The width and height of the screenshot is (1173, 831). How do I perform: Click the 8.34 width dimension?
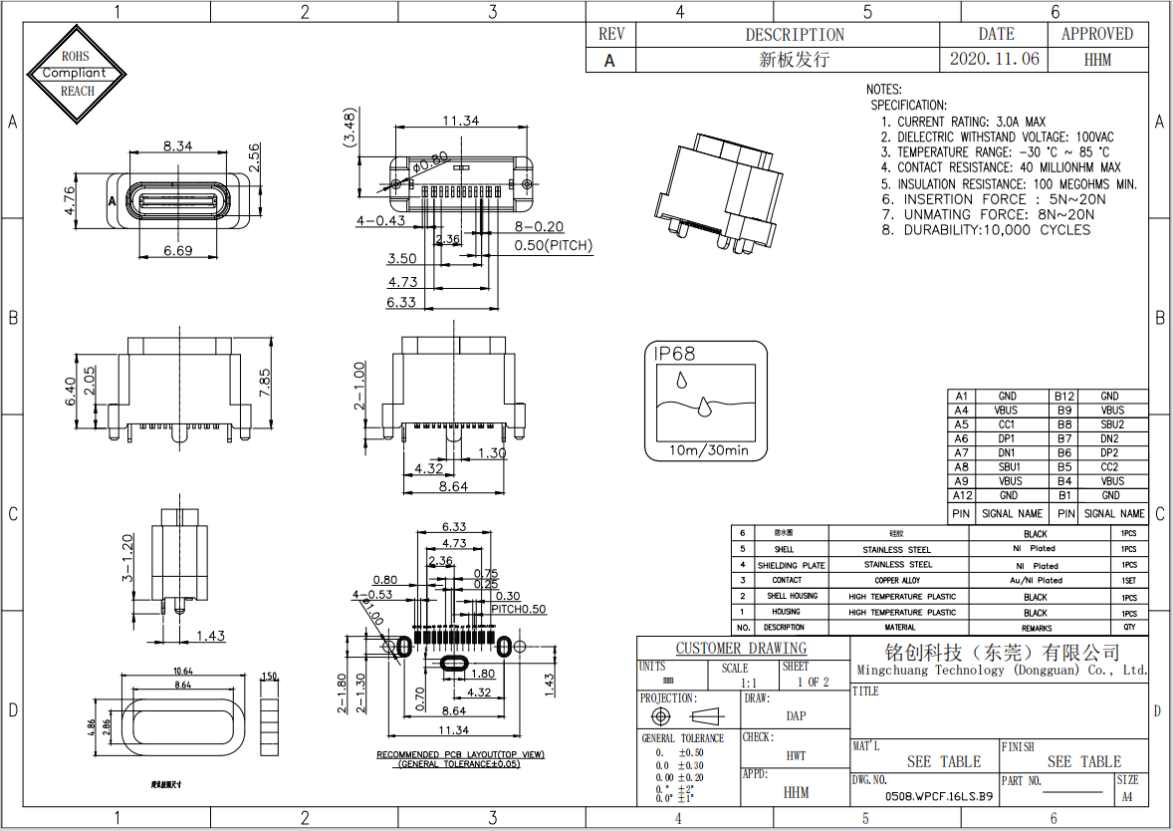[178, 145]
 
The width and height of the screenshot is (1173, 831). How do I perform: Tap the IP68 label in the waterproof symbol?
[675, 354]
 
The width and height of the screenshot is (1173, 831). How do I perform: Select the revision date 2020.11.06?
[994, 59]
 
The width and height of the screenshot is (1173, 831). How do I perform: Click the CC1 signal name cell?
[1008, 424]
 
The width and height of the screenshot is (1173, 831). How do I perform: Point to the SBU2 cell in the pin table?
[1110, 424]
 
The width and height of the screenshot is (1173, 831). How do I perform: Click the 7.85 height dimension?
[264, 379]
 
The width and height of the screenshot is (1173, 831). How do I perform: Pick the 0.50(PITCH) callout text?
[553, 245]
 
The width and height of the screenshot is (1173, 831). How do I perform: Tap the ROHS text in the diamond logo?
[77, 57]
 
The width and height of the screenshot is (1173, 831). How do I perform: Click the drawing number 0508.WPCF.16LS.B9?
[939, 797]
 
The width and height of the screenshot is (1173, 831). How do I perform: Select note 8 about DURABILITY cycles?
[985, 230]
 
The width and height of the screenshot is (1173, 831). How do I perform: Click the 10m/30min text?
[707, 450]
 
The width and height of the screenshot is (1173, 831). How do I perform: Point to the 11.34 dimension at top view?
[460, 121]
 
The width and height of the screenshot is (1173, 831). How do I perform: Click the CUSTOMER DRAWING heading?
[741, 649]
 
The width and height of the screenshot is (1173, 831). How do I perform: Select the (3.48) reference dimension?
[350, 130]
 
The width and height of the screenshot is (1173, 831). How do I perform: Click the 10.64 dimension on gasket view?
[183, 671]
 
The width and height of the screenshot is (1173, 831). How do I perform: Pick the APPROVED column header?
[1096, 34]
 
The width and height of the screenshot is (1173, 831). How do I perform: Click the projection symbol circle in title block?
[660, 716]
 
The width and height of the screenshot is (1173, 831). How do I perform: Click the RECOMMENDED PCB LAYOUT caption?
[460, 754]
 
